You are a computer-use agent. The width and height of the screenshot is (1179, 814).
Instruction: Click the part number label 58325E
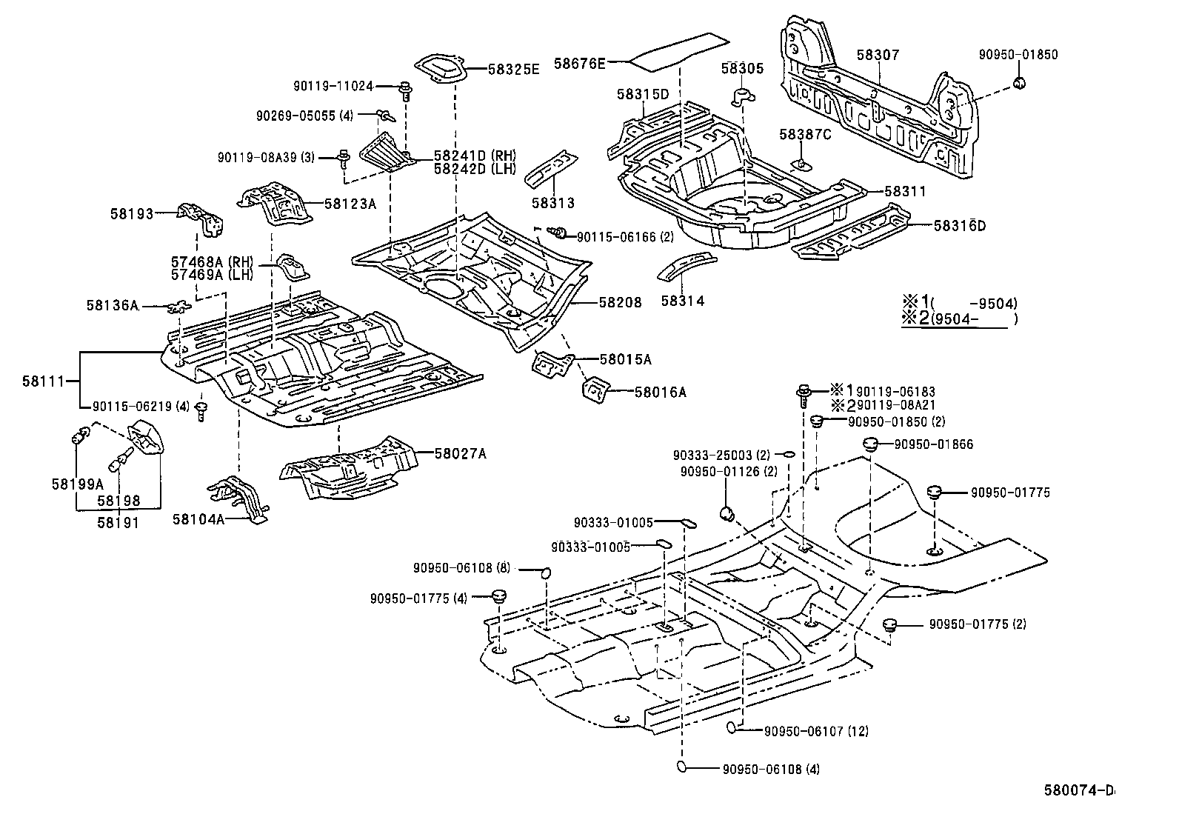pyautogui.click(x=513, y=69)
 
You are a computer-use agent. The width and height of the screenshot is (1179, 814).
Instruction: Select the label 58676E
pyautogui.click(x=579, y=64)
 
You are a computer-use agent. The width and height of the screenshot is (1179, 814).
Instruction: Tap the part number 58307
pyautogui.click(x=878, y=55)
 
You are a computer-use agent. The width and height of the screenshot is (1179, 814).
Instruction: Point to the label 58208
pyautogui.click(x=620, y=302)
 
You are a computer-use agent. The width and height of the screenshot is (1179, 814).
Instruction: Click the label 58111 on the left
pyautogui.click(x=42, y=381)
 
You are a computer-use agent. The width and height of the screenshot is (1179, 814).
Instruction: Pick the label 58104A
pyautogui.click(x=199, y=519)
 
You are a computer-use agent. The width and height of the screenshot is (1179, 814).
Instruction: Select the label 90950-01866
pyautogui.click(x=933, y=444)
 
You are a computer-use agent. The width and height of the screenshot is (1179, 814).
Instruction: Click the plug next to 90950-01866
pyautogui.click(x=870, y=445)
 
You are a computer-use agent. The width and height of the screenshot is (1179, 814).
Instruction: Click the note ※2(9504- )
pyautogui.click(x=960, y=319)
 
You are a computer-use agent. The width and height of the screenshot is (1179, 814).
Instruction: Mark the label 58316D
pyautogui.click(x=959, y=225)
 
